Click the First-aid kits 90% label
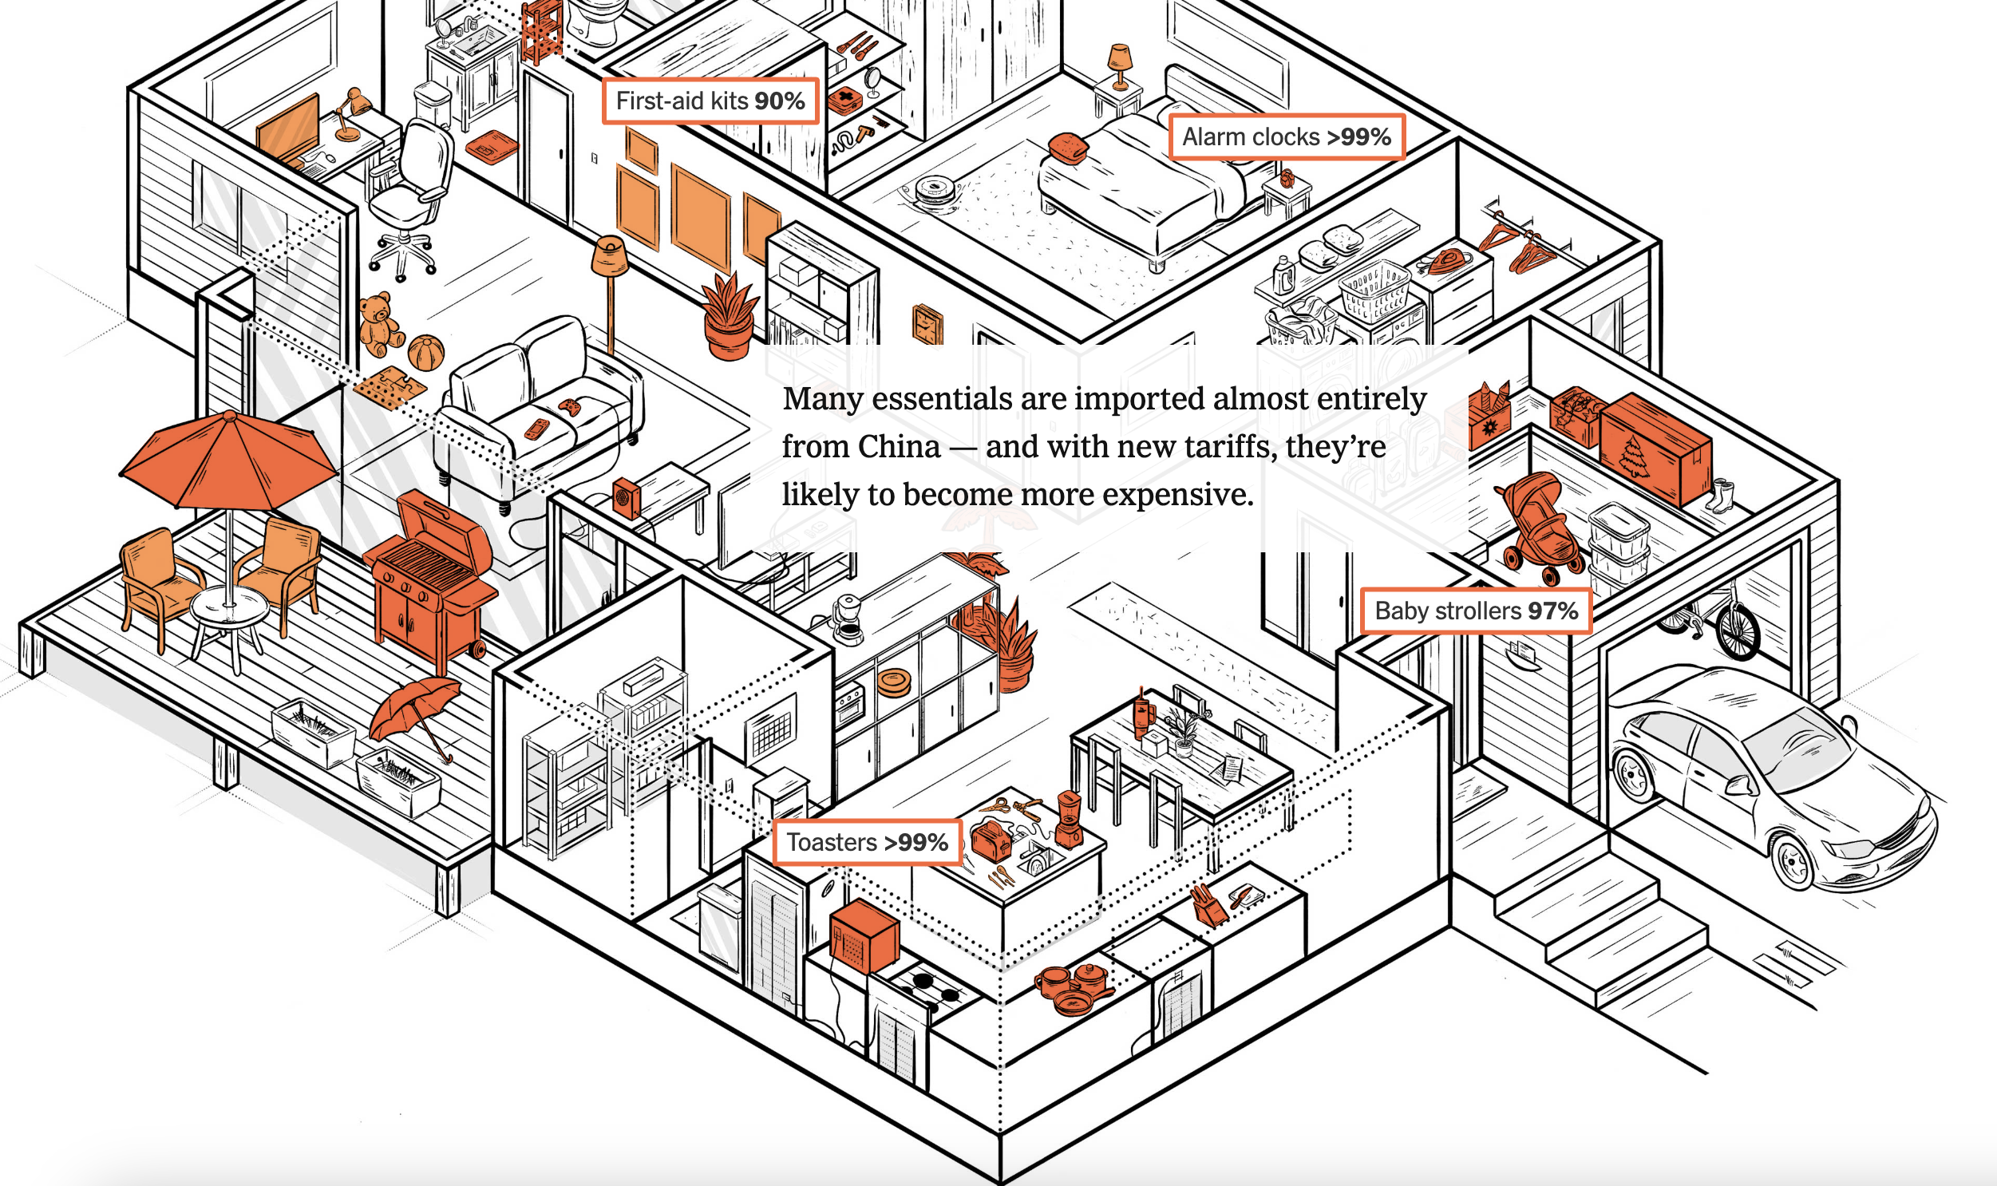tap(710, 101)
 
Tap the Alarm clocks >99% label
tap(1287, 136)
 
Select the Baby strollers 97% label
tap(1476, 611)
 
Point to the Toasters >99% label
tap(867, 841)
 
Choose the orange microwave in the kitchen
tap(864, 936)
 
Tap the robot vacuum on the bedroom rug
tap(931, 192)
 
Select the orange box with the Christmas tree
tap(1654, 447)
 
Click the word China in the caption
tap(900, 447)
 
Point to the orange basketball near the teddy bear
tap(425, 352)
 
